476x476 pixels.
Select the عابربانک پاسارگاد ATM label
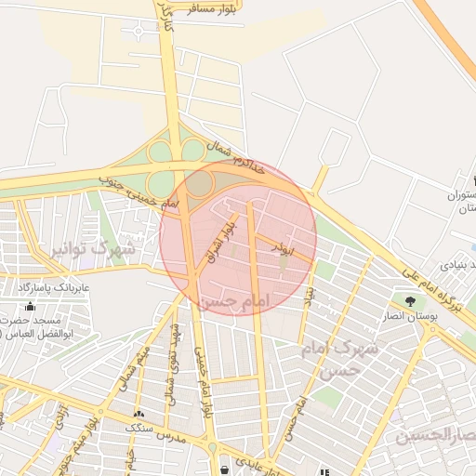51,289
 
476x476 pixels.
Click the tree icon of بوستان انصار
411,300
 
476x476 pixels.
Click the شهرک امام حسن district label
341,357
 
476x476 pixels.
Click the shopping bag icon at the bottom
224,469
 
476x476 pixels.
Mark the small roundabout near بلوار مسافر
138,30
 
